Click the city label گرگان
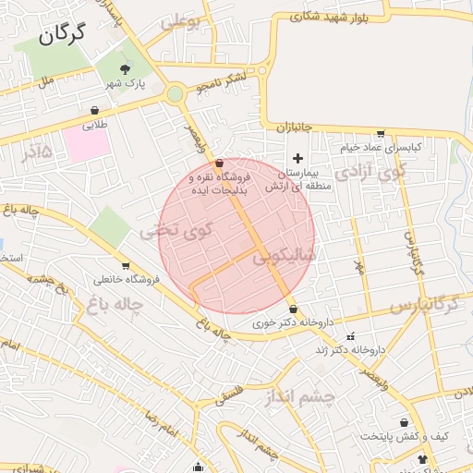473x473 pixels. [x=63, y=35]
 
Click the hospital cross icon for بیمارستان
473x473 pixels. [x=297, y=158]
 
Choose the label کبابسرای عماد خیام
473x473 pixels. [x=381, y=147]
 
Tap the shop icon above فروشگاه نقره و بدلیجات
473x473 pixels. [x=219, y=163]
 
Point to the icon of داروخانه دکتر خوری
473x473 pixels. [x=293, y=309]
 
